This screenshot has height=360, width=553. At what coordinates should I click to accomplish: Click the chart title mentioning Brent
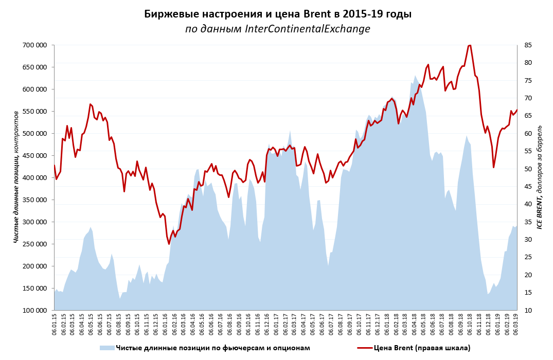pos(278,14)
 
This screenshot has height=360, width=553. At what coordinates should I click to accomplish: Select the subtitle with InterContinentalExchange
pos(278,29)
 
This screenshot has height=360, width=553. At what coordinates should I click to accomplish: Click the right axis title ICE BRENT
pos(540,177)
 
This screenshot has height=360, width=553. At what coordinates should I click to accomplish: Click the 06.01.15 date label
pos(55,325)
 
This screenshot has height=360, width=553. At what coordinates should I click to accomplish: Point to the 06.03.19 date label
pos(516,325)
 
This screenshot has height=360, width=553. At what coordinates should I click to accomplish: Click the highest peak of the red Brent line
pos(469,45)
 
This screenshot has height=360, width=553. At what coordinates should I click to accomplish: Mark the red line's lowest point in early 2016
pos(169,244)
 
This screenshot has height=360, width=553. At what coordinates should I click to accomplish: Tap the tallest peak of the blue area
pos(415,76)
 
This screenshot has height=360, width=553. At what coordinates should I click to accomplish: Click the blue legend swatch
pos(107,348)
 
